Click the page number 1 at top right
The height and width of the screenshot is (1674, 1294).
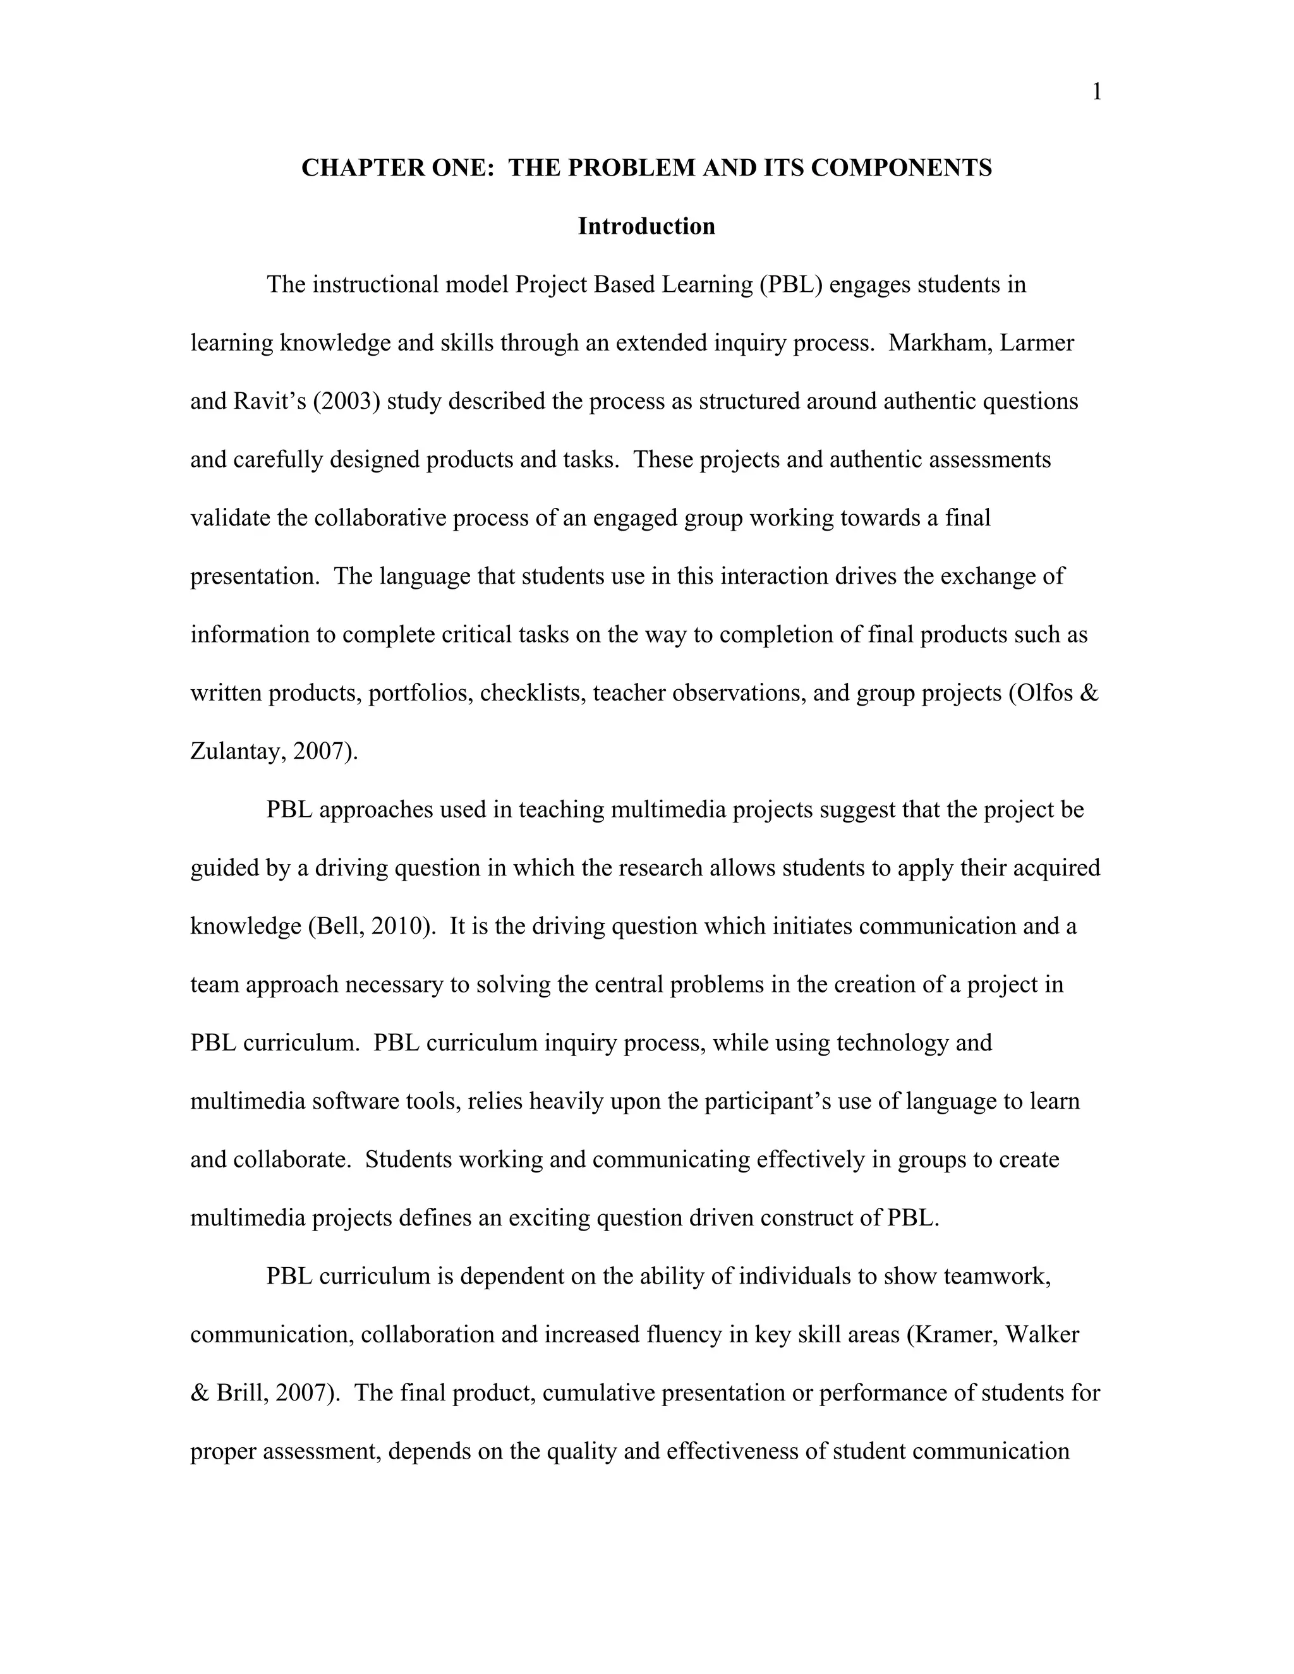point(1096,93)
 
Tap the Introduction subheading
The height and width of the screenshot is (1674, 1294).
point(646,226)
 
